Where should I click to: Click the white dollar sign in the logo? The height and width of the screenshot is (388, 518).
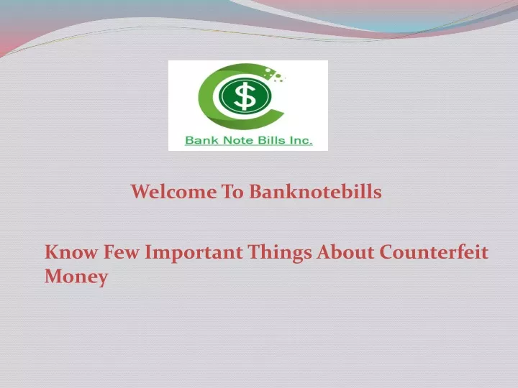pyautogui.click(x=244, y=96)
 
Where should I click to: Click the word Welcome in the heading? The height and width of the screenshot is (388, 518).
pyautogui.click(x=174, y=192)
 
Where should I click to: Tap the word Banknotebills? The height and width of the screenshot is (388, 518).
pyautogui.click(x=315, y=191)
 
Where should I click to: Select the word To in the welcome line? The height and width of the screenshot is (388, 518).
pyautogui.click(x=233, y=192)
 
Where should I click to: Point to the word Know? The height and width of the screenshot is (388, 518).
pyautogui.click(x=71, y=252)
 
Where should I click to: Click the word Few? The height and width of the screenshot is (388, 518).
pyautogui.click(x=121, y=252)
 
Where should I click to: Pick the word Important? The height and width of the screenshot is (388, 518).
pyautogui.click(x=194, y=253)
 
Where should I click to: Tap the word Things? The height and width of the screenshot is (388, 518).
pyautogui.click(x=280, y=253)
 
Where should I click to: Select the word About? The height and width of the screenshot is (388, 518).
pyautogui.click(x=345, y=252)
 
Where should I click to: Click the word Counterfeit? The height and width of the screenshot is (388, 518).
pyautogui.click(x=434, y=252)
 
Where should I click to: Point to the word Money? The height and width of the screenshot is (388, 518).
pyautogui.click(x=76, y=277)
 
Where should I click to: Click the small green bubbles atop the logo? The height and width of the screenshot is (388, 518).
pyautogui.click(x=274, y=74)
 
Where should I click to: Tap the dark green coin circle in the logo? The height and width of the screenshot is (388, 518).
pyautogui.click(x=245, y=96)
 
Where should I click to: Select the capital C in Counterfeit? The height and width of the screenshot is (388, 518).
pyautogui.click(x=388, y=252)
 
